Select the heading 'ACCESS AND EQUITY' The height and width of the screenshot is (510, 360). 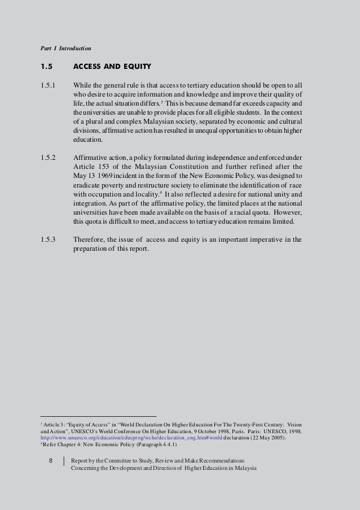112,67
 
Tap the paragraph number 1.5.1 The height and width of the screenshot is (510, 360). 49,85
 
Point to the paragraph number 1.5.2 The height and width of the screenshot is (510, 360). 49,158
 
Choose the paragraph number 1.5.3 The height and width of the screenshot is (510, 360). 49,239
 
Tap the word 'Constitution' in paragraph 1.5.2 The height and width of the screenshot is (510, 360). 217,167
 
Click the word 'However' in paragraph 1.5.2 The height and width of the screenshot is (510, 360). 286,212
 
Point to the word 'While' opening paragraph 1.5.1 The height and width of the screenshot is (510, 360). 84,85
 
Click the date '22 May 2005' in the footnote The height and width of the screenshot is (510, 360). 266,437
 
